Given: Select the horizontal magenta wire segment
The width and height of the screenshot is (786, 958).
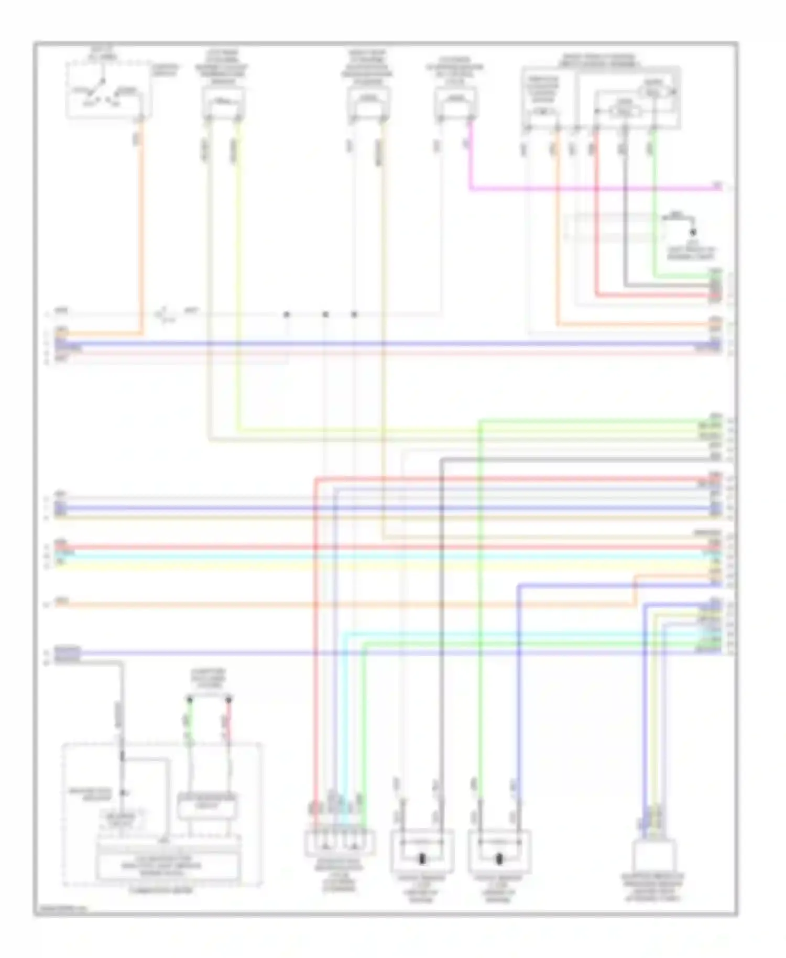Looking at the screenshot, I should (592, 188).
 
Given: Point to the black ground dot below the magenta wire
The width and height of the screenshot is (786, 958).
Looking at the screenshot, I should (693, 232).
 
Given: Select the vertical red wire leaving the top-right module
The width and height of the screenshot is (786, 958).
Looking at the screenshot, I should (596, 210).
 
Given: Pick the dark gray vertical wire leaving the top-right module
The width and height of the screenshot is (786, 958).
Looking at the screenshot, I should (624, 210).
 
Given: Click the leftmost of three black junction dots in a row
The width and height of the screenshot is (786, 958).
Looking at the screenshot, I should (286, 314).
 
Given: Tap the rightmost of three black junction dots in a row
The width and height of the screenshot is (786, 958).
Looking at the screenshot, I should (354, 314).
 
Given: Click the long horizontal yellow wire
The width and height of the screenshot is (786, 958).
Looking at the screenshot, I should (367, 566).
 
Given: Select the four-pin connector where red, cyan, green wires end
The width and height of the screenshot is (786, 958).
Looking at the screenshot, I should (340, 842).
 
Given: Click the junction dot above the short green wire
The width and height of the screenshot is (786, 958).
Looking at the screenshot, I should (190, 700).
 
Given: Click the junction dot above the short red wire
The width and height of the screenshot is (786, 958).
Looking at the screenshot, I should (228, 700).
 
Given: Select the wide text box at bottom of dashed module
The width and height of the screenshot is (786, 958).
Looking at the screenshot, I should (168, 865).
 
